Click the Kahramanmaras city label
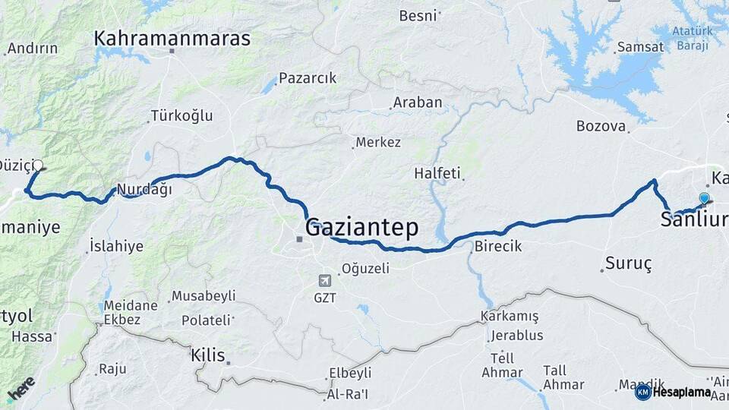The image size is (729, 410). click(x=172, y=38)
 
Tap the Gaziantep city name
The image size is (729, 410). click(x=361, y=227)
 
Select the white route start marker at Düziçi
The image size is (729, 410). click(x=38, y=165)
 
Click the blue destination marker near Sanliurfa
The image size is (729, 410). click(x=704, y=199)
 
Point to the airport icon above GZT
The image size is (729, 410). click(x=325, y=279)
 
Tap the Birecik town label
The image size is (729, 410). click(x=498, y=247)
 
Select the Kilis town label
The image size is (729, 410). click(x=207, y=354)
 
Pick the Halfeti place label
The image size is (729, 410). click(x=437, y=174)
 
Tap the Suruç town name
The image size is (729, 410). click(x=628, y=264)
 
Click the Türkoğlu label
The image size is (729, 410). click(x=181, y=116)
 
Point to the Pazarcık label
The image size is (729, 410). click(x=307, y=78)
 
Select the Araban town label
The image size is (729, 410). click(x=418, y=102)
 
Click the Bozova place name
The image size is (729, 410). click(x=601, y=126)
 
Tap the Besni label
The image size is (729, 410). click(x=418, y=15)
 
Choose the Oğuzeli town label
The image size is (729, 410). click(x=365, y=268)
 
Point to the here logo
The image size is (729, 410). click(x=21, y=389)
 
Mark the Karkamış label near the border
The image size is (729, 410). click(x=510, y=317)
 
